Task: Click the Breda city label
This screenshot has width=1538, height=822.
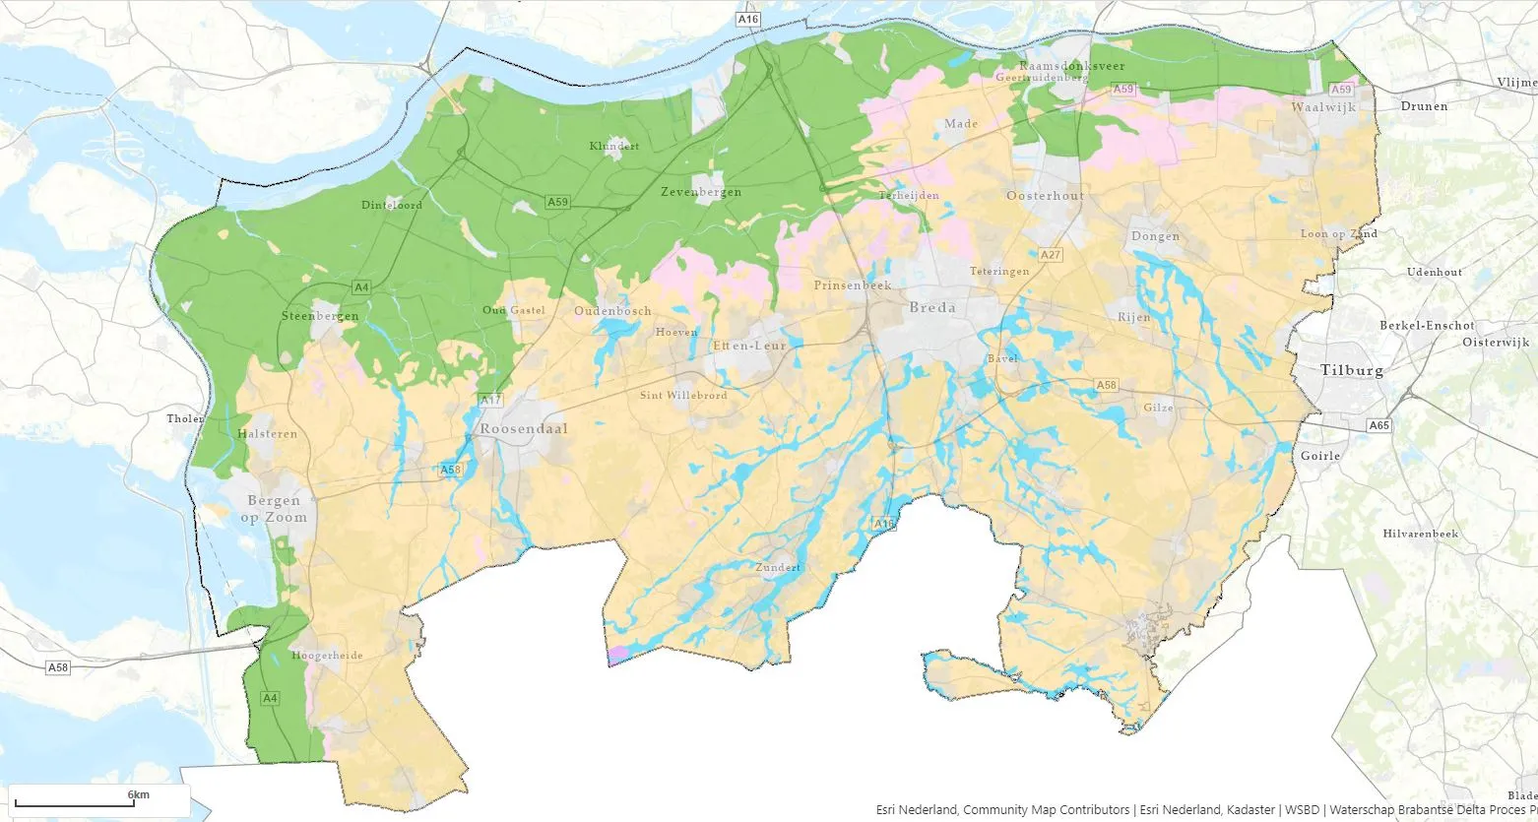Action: pyautogui.click(x=931, y=307)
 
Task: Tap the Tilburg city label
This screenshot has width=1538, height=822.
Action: pyautogui.click(x=1351, y=371)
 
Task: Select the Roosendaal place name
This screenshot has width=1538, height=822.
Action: pyautogui.click(x=524, y=429)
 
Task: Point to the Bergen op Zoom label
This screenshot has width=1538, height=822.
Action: pyautogui.click(x=277, y=509)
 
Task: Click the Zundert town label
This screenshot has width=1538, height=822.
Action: pyautogui.click(x=778, y=569)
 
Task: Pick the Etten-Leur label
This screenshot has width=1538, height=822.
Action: pyautogui.click(x=749, y=347)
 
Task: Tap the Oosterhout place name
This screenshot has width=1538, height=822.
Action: pyautogui.click(x=1045, y=196)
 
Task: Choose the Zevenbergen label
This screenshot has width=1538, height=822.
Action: pyautogui.click(x=701, y=192)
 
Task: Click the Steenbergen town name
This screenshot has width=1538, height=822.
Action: pyautogui.click(x=320, y=316)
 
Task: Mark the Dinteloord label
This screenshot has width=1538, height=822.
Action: pyautogui.click(x=391, y=206)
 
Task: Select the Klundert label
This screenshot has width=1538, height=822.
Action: pyautogui.click(x=614, y=146)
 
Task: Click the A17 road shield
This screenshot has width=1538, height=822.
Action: pyautogui.click(x=490, y=400)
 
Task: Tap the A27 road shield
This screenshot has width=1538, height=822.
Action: pyautogui.click(x=1051, y=255)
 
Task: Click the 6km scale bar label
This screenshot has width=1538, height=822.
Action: pyautogui.click(x=138, y=794)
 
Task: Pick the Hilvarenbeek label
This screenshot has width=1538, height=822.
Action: pyautogui.click(x=1420, y=534)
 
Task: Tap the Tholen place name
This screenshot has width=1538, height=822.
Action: pyautogui.click(x=185, y=418)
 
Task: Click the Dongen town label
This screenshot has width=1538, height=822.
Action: pyautogui.click(x=1155, y=237)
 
